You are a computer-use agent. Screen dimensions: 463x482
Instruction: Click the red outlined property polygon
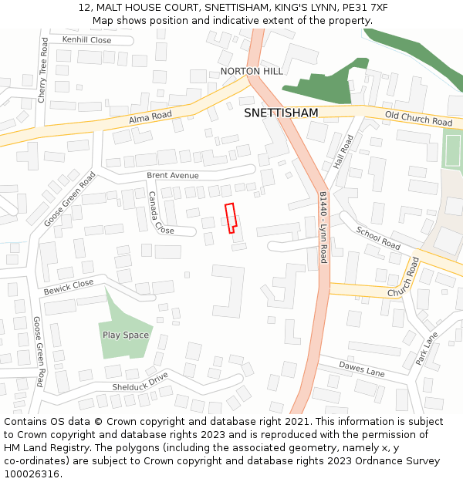[x=230, y=217]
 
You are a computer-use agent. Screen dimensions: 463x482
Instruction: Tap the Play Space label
[x=125, y=335]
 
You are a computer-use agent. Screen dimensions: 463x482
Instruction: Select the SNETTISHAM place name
[x=281, y=113]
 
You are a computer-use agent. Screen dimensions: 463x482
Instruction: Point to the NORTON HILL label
[x=252, y=71]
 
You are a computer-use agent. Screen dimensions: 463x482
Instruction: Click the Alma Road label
[x=150, y=116]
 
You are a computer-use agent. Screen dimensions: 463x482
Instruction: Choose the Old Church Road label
[x=418, y=118]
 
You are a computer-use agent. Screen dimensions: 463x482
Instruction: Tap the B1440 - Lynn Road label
[x=323, y=228]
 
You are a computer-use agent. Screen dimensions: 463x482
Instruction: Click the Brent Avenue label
[x=173, y=176]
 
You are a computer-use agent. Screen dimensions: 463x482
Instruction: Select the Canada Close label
[x=161, y=214]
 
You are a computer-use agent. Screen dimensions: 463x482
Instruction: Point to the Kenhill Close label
[x=86, y=39]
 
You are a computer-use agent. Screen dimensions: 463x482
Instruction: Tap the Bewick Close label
[x=68, y=287]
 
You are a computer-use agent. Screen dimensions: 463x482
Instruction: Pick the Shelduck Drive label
[x=140, y=381]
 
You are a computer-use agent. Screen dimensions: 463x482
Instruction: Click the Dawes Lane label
[x=362, y=369]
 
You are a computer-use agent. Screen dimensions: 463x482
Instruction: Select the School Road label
[x=378, y=238]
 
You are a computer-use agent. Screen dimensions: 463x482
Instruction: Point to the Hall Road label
[x=343, y=153]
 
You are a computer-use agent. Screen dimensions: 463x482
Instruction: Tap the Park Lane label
[x=426, y=348]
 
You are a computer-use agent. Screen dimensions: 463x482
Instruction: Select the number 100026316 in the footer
[x=32, y=474]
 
